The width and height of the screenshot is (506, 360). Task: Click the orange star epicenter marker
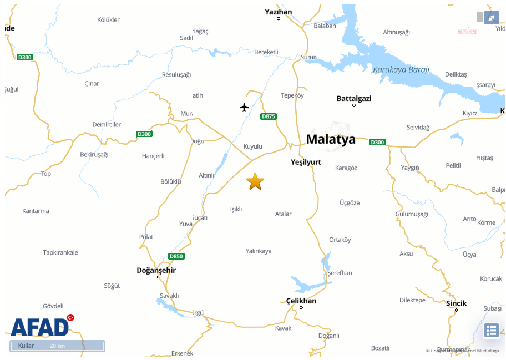(x=255, y=181)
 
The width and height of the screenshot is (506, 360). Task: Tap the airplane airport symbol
(x=245, y=107)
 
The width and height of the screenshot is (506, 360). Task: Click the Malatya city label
(x=331, y=139)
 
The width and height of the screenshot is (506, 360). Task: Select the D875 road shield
(x=269, y=116)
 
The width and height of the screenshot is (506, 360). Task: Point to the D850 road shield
(x=176, y=256)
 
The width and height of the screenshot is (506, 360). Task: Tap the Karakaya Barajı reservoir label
(x=401, y=70)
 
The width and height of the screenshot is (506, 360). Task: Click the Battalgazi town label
(x=354, y=99)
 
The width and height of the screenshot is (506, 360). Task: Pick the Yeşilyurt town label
(x=306, y=162)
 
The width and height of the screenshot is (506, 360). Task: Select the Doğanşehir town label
(x=156, y=270)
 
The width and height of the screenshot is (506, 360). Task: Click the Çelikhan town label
(x=301, y=301)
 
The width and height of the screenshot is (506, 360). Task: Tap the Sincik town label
(x=457, y=303)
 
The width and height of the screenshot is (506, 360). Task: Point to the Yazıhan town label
(x=279, y=12)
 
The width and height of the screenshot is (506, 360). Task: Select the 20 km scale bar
(x=57, y=346)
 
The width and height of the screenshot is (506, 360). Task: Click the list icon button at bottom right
(x=491, y=331)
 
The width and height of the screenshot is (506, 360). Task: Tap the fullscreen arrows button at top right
(x=492, y=18)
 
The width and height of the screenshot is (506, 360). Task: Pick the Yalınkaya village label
(x=259, y=251)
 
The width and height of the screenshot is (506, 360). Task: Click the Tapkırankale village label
(x=60, y=252)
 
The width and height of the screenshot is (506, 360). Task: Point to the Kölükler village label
(x=108, y=20)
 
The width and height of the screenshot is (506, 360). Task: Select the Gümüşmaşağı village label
(x=412, y=214)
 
